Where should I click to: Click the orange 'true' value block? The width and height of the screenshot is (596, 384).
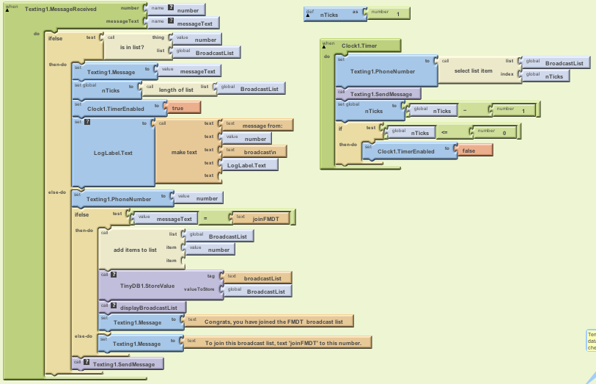point(183,108)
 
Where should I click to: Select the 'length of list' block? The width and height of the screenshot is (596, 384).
point(175,89)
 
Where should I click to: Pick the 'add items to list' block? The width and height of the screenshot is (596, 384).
point(135,250)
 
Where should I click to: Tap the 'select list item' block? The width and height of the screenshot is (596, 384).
point(474,70)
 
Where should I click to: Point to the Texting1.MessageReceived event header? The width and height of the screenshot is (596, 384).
point(62,8)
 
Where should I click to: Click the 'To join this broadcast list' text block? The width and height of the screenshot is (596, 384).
point(282,342)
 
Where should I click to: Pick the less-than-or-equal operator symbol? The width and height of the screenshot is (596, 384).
point(444,132)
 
